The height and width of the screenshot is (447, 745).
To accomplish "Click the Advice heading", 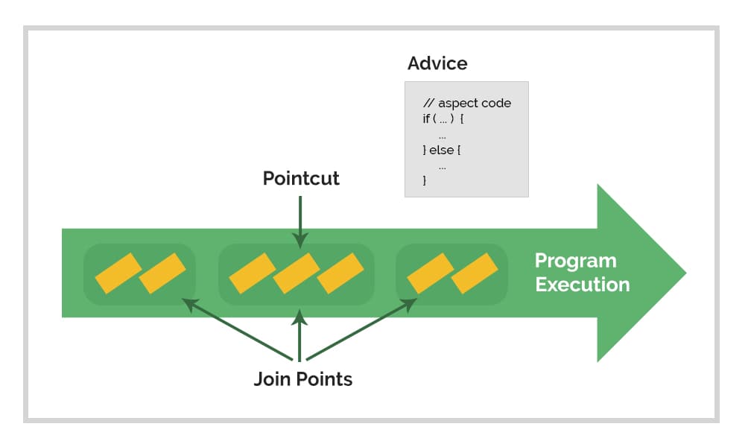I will (437, 64).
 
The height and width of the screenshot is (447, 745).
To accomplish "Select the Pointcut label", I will (301, 179).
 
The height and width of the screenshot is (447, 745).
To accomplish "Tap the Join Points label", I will (302, 379).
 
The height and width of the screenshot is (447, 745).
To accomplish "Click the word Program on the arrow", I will (575, 261).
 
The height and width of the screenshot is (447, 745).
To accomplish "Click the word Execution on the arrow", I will (582, 285).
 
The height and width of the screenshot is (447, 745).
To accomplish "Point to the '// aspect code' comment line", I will (467, 104).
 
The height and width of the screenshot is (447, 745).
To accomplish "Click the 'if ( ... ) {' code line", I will (444, 120).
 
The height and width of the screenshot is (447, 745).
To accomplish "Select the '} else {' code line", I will (443, 150).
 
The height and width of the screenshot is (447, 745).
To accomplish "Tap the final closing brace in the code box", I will (425, 180).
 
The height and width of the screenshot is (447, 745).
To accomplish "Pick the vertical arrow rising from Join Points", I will (299, 335).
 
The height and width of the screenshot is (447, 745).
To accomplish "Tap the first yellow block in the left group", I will (118, 273).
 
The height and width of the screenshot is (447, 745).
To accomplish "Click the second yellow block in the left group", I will (162, 273).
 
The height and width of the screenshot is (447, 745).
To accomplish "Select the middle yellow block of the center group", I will (296, 273).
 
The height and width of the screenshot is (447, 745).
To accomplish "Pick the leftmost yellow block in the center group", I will (252, 273).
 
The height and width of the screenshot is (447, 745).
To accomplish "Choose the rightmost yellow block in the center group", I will (340, 273).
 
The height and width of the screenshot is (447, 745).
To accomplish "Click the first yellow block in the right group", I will (430, 273).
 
